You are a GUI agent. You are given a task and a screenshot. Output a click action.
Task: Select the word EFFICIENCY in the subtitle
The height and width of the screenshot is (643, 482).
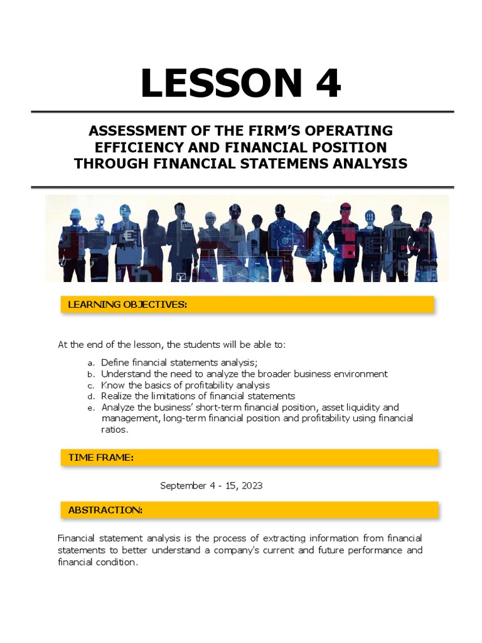click(x=137, y=147)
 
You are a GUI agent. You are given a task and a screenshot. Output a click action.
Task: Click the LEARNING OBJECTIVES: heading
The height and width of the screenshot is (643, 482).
click(x=127, y=305)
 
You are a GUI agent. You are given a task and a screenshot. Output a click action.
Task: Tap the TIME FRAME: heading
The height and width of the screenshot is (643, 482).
click(x=101, y=458)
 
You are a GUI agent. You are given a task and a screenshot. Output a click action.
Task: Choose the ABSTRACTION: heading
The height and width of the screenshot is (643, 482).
click(x=105, y=510)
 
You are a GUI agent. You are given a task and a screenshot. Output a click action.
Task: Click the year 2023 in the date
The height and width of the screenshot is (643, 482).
click(x=252, y=485)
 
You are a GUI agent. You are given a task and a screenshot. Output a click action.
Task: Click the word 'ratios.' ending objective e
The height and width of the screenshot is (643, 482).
click(x=115, y=430)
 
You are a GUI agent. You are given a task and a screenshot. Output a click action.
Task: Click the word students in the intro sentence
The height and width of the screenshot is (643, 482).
click(x=201, y=345)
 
